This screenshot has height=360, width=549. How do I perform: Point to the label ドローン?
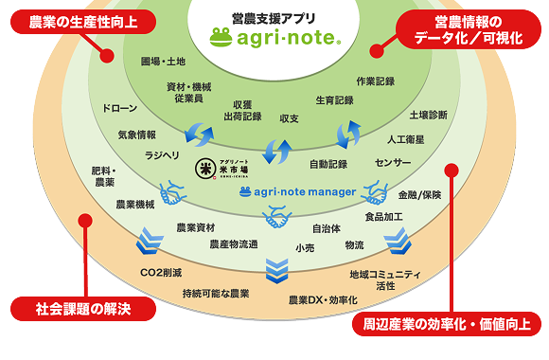coord(117,109)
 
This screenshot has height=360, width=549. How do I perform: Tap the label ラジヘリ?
coord(162,155)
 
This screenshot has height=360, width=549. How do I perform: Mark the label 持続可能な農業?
coord(216,294)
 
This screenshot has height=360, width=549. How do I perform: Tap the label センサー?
coord(393,163)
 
